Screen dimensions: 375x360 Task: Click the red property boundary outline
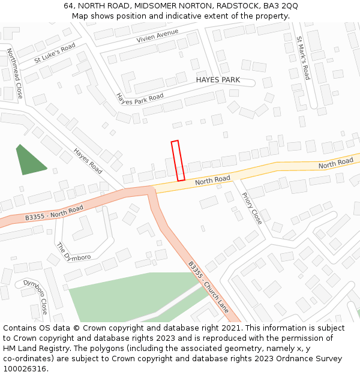point(178,161)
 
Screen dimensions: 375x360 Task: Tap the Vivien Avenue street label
point(158,35)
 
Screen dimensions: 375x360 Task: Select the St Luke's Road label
point(55,53)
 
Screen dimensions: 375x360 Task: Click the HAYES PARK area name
point(218,80)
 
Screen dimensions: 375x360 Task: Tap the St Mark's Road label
point(303,58)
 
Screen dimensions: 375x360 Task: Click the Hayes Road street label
point(88,161)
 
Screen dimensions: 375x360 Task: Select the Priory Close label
point(252,208)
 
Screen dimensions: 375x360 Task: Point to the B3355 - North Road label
point(55,214)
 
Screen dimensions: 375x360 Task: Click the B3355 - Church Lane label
point(208,287)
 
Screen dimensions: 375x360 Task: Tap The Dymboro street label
point(73,252)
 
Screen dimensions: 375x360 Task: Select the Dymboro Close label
point(35,296)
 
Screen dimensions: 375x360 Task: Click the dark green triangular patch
point(30,161)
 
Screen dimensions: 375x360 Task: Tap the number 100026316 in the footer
point(24,368)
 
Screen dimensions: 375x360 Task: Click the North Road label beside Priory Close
point(212,179)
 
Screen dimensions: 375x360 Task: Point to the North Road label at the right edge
point(335,163)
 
